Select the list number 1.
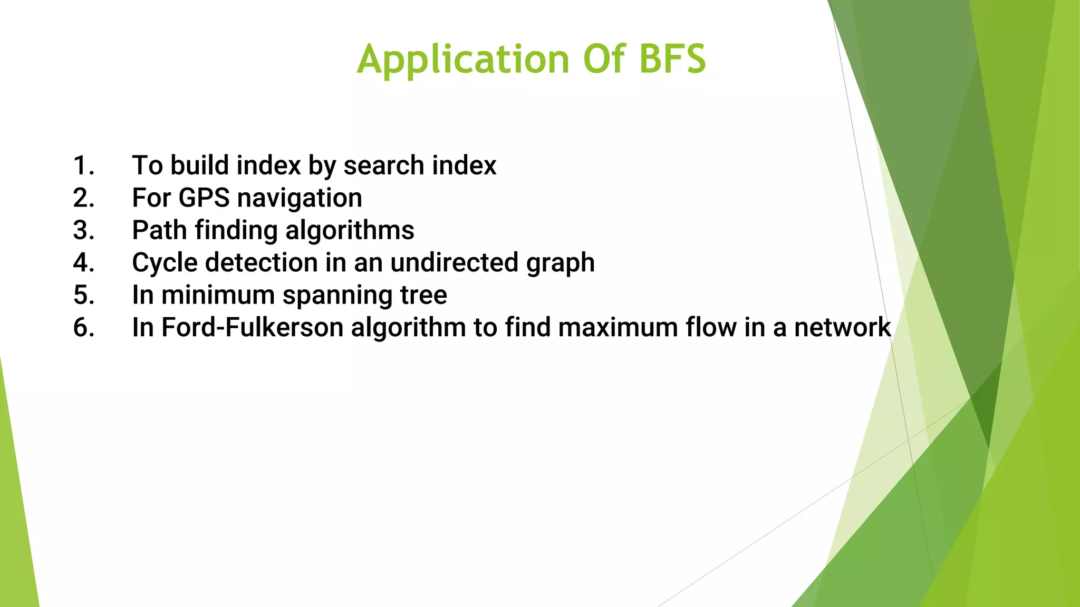[83, 165]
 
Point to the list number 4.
[83, 262]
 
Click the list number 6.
[83, 327]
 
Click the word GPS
[204, 198]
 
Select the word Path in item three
[159, 230]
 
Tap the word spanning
[337, 296]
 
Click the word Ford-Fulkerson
[252, 327]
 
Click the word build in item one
[200, 165]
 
